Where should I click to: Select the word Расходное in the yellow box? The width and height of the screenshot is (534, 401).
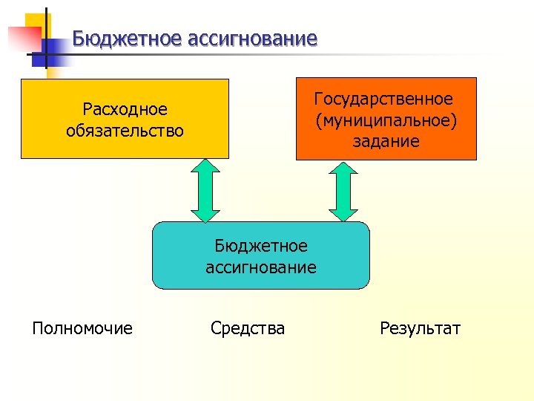125,110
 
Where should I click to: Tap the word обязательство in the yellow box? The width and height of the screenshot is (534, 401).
125,131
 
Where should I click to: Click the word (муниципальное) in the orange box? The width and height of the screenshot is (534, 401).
385,120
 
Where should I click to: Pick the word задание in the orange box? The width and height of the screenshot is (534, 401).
386,140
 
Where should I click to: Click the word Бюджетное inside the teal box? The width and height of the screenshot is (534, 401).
261,246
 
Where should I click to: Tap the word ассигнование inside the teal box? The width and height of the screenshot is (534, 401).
261,267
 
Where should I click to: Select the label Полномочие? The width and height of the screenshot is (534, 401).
82,327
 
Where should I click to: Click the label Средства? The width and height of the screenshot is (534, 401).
248,327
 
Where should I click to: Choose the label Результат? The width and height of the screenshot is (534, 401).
420,327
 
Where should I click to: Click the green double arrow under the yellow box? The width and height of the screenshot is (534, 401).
206,191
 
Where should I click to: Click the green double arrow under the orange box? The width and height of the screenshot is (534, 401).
343,191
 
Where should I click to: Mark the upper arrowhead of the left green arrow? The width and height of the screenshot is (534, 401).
206,169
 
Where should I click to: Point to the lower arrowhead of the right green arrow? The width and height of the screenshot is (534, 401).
343,214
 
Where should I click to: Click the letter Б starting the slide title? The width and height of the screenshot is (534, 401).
79,39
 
